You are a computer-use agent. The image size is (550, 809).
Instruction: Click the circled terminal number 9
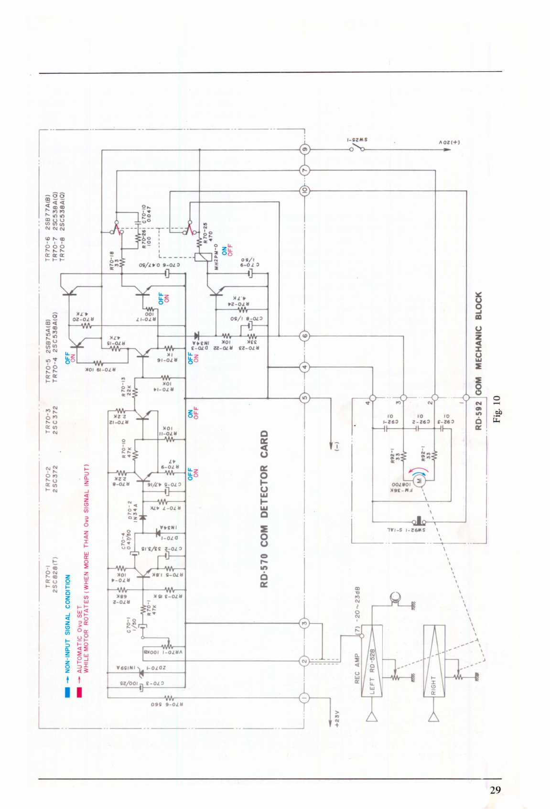[x=304, y=149]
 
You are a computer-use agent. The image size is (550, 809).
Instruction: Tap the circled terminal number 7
[x=304, y=170]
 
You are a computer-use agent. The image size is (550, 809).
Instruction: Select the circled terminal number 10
[x=304, y=191]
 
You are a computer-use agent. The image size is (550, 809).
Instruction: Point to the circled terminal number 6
[x=304, y=335]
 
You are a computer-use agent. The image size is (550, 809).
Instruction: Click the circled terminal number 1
[x=304, y=698]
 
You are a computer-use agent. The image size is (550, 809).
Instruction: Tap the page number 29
[x=495, y=790]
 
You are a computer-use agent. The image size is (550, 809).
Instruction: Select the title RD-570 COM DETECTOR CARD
[x=264, y=509]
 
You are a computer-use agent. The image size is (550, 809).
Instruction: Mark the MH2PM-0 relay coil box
[x=201, y=257]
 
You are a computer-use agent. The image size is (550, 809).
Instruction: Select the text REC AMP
[x=357, y=669]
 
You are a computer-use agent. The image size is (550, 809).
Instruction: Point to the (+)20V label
[x=449, y=142]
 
